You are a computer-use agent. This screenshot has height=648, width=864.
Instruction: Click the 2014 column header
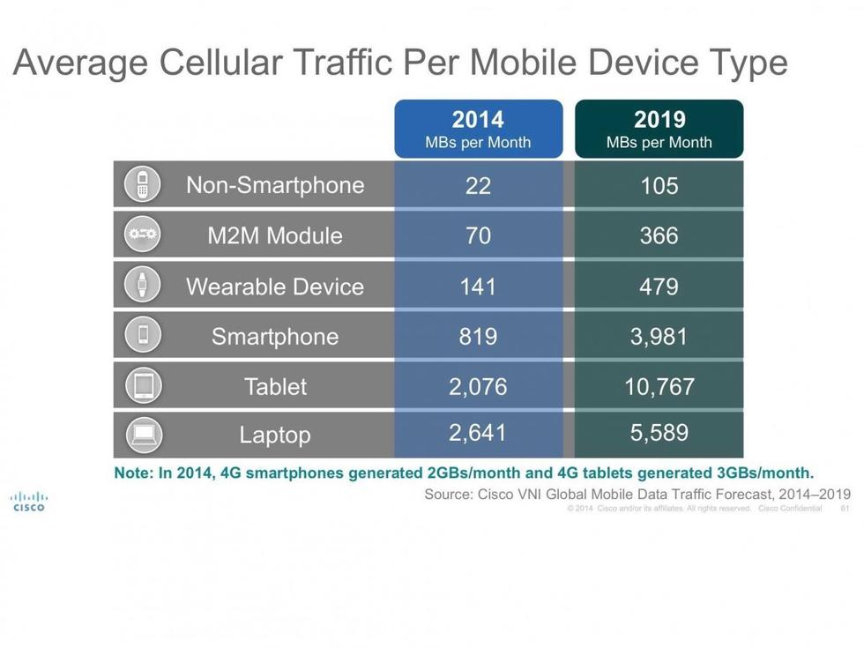(478, 129)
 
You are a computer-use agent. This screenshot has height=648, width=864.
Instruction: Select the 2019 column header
(659, 129)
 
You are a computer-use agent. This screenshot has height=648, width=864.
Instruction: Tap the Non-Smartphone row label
(275, 185)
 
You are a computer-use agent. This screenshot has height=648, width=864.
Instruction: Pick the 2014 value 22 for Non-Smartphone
(478, 185)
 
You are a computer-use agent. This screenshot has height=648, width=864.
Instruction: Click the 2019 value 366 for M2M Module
(659, 235)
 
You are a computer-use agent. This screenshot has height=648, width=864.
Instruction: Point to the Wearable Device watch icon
(142, 285)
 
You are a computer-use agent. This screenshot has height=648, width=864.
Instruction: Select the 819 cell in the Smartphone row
(478, 336)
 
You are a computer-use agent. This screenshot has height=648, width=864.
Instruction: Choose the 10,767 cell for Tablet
(659, 386)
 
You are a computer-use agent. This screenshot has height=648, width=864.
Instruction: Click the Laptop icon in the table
(142, 435)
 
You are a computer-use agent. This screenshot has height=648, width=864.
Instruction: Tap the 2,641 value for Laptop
(478, 434)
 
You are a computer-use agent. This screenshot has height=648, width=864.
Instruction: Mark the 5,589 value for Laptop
(659, 434)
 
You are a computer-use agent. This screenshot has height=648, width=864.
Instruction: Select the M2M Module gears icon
(142, 235)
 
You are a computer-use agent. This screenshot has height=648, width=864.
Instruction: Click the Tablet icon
(142, 385)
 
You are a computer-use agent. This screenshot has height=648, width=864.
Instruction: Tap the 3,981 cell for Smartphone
(659, 336)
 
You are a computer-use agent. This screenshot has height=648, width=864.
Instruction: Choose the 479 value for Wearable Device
(659, 287)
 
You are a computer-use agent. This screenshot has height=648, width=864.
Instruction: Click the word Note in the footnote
(133, 473)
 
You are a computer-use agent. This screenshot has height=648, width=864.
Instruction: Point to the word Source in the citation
(448, 494)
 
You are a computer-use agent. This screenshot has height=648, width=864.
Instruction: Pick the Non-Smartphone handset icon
(142, 184)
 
